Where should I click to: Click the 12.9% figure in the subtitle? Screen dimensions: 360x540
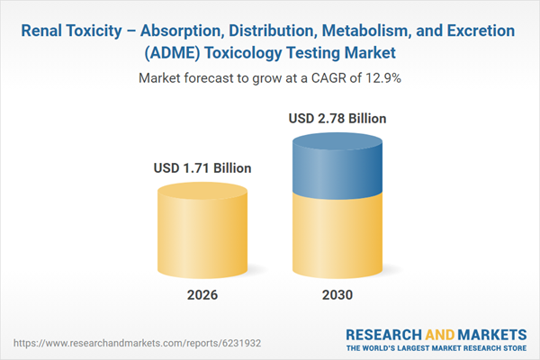click(x=382, y=78)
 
